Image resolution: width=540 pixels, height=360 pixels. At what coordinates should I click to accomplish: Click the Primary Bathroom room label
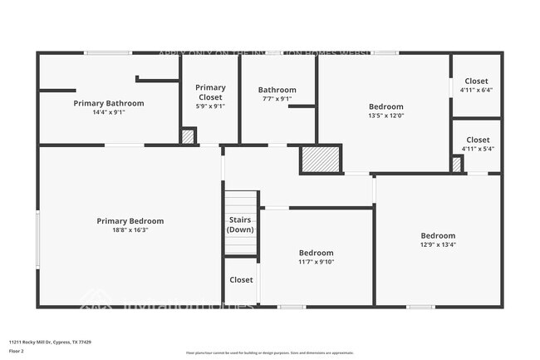pos(108,103)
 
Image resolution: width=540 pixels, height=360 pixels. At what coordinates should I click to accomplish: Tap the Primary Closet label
pos(210,91)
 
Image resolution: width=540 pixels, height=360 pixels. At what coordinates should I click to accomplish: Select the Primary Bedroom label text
pos(130,221)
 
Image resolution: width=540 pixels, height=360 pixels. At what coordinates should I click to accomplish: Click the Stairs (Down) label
pos(240,224)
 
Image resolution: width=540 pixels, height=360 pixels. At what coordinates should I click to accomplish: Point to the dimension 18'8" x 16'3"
pos(130,230)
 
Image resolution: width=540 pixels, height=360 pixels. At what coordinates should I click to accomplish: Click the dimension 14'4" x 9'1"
pos(108,112)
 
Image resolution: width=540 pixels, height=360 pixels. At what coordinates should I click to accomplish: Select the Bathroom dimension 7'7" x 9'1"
pos(277,99)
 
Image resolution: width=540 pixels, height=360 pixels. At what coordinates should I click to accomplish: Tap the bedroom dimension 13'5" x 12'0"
pos(386,116)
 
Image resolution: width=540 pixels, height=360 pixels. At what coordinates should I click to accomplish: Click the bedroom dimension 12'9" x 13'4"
pos(437,244)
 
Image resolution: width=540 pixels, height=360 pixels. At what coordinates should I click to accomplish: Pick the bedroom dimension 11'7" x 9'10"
pos(316,262)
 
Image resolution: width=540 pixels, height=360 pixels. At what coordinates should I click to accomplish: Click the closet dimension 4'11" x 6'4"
pos(477,90)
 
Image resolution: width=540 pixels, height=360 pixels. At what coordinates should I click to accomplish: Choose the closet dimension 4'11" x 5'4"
pos(477,149)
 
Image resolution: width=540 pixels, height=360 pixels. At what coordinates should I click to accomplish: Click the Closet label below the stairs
pos(241,280)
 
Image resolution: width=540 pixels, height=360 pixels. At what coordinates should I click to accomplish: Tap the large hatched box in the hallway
pos(321,160)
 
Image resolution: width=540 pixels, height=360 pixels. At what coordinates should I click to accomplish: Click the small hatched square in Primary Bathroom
pos(189,136)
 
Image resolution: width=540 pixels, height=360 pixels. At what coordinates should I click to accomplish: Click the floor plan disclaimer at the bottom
pos(270,353)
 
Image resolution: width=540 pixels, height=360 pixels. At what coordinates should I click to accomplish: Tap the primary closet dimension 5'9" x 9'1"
pos(210,106)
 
